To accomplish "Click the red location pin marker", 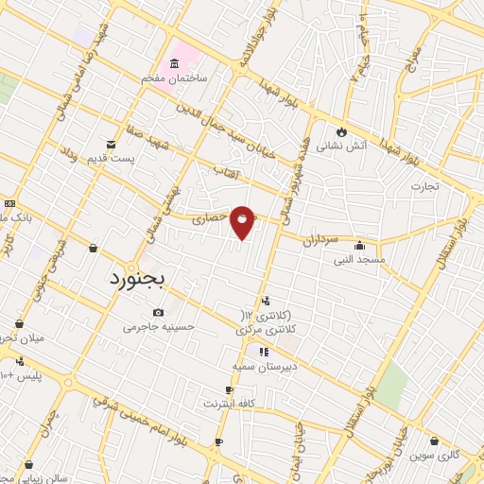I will pos(243,221).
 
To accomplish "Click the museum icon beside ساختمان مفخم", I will pos(173,64).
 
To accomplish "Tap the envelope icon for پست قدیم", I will pos(112,145).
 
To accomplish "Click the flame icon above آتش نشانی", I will pos(341,131).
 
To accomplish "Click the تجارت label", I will pos(424,185).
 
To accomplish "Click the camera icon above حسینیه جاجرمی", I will pos(158,313).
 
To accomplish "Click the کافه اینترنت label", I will pos(229,404).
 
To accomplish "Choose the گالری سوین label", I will pos(434,455).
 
